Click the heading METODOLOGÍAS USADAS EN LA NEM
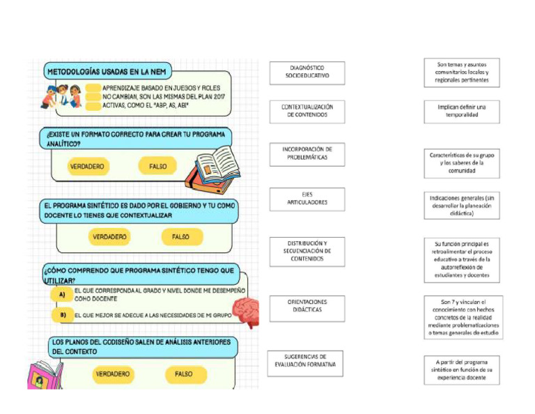[108, 71]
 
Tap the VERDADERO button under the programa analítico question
[87, 167]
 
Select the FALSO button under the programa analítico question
[157, 167]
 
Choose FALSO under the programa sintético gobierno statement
[180, 237]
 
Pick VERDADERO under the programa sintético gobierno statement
[109, 237]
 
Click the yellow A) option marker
[62, 295]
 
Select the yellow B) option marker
[62, 315]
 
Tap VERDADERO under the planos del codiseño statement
[113, 374]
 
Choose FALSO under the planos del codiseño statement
[183, 374]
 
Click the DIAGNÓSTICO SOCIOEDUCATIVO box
[307, 72]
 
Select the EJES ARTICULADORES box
[307, 199]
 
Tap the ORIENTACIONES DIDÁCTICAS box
[307, 307]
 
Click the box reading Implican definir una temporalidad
[461, 111]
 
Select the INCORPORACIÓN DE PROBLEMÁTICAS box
[307, 153]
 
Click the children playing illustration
[64, 95]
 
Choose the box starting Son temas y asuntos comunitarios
[461, 72]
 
